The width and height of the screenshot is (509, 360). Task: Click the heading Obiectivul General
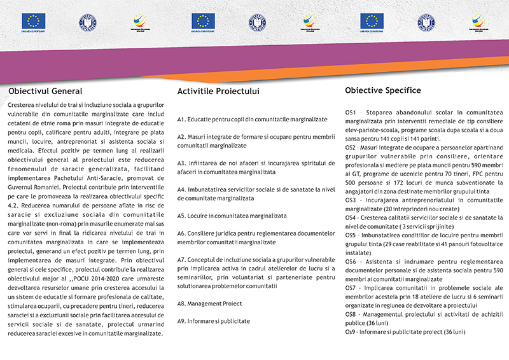(x=45, y=90)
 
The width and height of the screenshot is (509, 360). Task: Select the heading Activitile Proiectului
(x=219, y=91)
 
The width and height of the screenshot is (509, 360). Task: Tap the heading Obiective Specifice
(x=383, y=90)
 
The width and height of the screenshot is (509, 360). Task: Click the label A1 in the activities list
(x=181, y=119)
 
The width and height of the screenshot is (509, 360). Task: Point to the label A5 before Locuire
(x=181, y=215)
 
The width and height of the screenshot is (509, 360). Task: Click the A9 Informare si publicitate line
(x=214, y=321)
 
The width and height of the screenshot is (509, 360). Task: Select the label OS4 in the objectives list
(x=350, y=217)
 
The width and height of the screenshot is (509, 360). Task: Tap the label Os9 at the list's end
(x=350, y=331)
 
